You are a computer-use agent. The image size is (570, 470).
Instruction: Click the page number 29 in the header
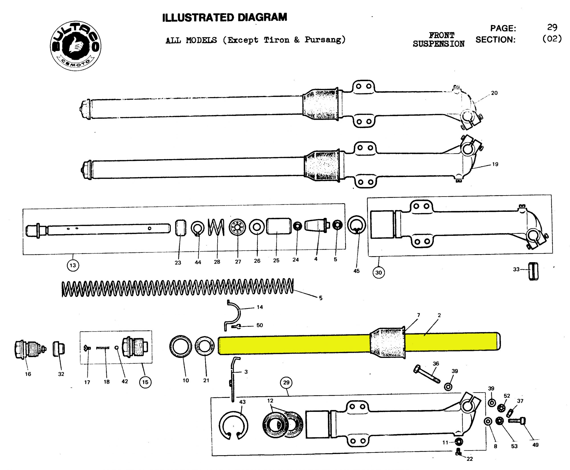click(552, 27)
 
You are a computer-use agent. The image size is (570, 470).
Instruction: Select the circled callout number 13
click(73, 265)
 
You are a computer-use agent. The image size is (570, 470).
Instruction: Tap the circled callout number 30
click(378, 272)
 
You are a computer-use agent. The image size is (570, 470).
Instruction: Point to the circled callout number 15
click(145, 382)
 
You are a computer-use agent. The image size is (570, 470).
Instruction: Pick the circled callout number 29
click(286, 382)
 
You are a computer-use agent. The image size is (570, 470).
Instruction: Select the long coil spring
click(177, 288)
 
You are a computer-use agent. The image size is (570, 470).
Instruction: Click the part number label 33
click(516, 269)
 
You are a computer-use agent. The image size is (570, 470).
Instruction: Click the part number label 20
click(494, 93)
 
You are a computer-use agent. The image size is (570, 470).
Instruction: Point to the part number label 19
click(495, 164)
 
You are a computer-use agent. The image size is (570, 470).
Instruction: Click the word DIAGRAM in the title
click(262, 17)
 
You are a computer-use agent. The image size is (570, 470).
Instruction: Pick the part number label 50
click(260, 325)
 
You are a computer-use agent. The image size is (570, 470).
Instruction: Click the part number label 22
click(470, 459)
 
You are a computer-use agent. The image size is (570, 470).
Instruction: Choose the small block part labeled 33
click(533, 271)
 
